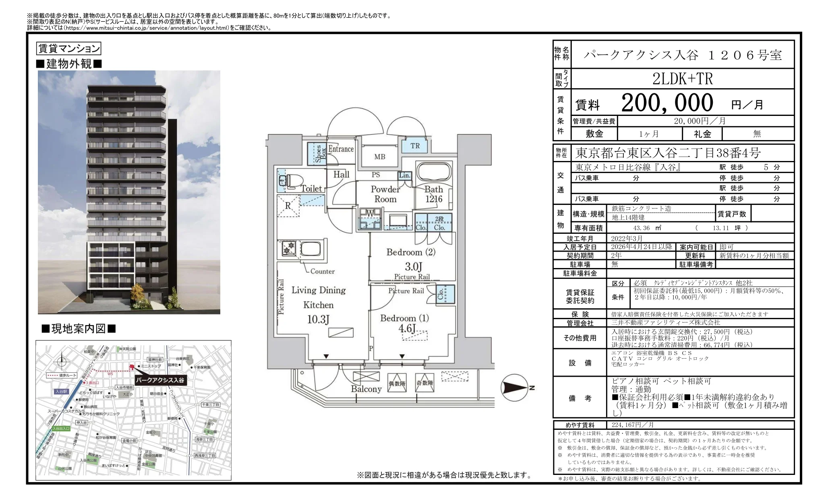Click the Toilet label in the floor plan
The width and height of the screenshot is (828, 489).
(x=311, y=188)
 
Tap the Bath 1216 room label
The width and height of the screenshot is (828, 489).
(x=433, y=194)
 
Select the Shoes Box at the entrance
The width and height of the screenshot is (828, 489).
(x=318, y=153)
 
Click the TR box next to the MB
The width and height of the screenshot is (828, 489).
(x=415, y=146)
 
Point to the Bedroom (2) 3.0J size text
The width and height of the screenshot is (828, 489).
(x=413, y=266)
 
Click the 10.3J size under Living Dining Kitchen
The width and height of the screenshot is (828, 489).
(x=318, y=320)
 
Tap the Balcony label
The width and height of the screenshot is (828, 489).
(x=366, y=389)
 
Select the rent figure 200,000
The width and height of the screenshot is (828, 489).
(x=667, y=103)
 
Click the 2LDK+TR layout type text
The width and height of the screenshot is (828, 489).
(x=682, y=79)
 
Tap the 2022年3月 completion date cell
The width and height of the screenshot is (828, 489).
(x=627, y=238)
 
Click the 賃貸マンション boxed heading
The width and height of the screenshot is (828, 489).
(x=68, y=49)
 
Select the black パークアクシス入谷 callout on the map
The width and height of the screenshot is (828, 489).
(x=160, y=380)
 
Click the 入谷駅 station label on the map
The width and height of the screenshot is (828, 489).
(x=61, y=391)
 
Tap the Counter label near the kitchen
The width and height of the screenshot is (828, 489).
(x=322, y=271)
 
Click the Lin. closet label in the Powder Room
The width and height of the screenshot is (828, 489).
(x=404, y=175)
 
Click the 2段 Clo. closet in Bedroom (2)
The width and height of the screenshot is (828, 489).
(x=439, y=223)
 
